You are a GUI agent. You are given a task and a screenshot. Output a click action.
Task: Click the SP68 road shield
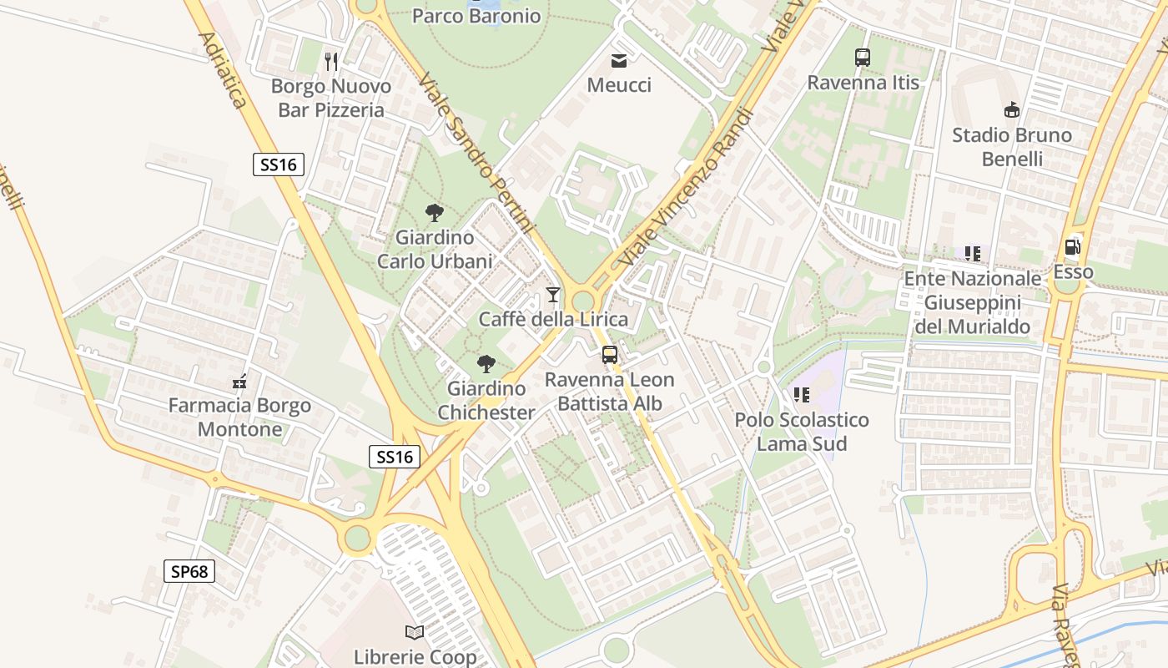(189, 571)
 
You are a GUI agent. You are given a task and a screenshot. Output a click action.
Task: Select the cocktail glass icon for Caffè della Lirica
(552, 294)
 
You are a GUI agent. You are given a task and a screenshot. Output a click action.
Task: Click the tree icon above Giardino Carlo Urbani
(434, 213)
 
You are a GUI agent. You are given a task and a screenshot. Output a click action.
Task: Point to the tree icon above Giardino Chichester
(486, 364)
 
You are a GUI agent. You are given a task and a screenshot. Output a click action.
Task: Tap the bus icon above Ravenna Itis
(863, 58)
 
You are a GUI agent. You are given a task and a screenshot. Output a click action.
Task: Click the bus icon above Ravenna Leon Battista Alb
(610, 355)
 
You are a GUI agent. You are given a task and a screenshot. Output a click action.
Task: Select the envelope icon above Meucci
(619, 60)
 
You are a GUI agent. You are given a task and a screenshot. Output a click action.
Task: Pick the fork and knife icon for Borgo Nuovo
(331, 61)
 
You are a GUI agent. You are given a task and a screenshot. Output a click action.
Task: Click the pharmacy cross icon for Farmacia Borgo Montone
(239, 382)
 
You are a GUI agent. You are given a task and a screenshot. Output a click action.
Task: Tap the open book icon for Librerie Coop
(415, 633)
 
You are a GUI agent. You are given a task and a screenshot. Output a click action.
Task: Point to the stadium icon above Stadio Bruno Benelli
(1012, 109)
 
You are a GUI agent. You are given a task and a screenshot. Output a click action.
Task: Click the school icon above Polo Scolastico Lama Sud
(802, 395)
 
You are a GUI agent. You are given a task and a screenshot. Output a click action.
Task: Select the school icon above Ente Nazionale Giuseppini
(972, 253)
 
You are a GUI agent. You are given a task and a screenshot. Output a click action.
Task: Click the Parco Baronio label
(476, 15)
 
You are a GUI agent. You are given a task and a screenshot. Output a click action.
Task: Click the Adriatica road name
(223, 70)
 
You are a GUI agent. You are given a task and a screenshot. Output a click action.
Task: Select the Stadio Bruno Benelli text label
(1012, 146)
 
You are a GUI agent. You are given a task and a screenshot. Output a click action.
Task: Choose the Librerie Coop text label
(415, 657)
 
